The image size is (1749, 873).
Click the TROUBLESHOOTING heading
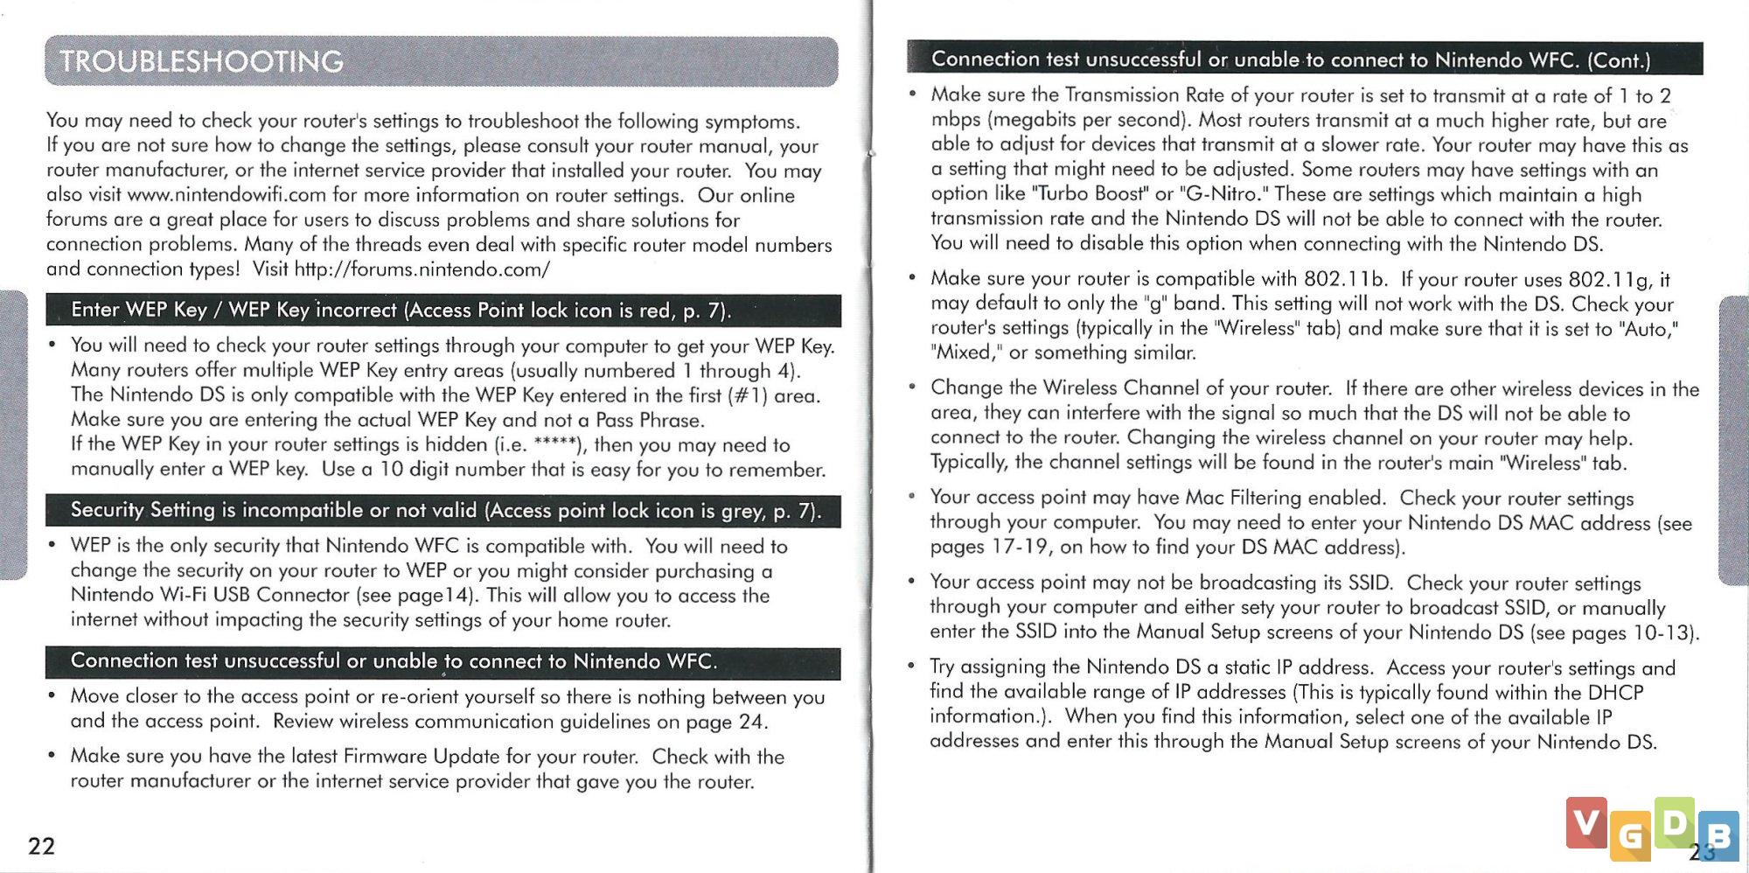click(x=201, y=61)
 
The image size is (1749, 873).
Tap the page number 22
click(x=41, y=846)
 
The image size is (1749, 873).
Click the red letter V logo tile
click(x=1586, y=822)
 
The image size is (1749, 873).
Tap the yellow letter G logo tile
click(x=1629, y=836)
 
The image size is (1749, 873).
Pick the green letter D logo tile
click(x=1674, y=821)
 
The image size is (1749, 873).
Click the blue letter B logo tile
click(x=1718, y=835)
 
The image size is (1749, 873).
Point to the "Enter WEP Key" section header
click(x=401, y=311)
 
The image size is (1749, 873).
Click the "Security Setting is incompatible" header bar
click(x=444, y=511)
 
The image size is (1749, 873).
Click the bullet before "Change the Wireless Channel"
click(x=912, y=387)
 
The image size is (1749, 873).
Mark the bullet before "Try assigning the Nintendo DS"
click(x=911, y=667)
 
